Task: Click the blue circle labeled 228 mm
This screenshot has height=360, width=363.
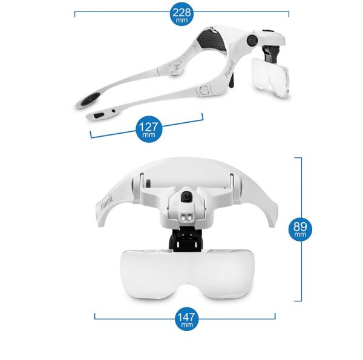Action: (x=181, y=14)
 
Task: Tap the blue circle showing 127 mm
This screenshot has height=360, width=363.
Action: (x=149, y=129)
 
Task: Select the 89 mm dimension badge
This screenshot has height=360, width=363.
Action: (x=300, y=229)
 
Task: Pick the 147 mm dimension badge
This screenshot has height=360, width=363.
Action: (x=186, y=319)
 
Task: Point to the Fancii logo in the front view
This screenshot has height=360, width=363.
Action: (x=106, y=203)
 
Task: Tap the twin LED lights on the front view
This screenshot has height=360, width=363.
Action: (x=186, y=218)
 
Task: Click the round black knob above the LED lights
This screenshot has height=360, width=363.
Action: (x=186, y=197)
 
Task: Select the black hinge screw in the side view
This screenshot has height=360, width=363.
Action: (x=252, y=41)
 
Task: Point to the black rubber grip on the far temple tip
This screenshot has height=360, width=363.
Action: (x=91, y=99)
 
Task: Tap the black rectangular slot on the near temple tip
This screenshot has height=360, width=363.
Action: (x=99, y=115)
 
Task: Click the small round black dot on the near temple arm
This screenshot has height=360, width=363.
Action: (x=114, y=111)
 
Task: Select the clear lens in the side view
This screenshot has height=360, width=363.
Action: (x=270, y=77)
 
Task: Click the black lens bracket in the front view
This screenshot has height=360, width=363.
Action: (x=186, y=239)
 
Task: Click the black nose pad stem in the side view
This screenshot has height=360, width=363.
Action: (x=232, y=81)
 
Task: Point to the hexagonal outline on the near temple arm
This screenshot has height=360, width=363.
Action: (x=203, y=90)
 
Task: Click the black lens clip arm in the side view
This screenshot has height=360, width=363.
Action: (x=271, y=53)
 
